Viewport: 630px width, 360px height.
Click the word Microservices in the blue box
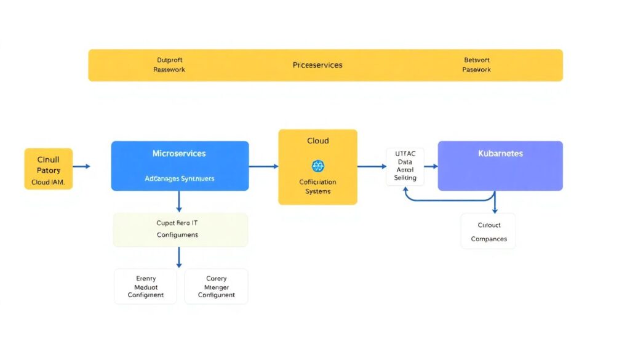click(179, 153)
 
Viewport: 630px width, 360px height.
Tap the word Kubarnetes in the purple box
click(500, 153)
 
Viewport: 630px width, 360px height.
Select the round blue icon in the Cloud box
click(317, 166)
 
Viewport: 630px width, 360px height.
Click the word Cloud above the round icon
click(317, 141)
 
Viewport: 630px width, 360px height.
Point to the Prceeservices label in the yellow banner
click(317, 65)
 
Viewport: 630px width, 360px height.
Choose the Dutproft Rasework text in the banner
click(169, 65)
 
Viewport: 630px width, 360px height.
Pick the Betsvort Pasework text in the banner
click(476, 65)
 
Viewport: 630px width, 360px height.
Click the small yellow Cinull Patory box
click(49, 168)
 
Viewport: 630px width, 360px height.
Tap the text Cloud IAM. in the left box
click(49, 182)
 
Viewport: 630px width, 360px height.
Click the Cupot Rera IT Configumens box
click(180, 230)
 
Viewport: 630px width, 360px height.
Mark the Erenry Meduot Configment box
click(146, 286)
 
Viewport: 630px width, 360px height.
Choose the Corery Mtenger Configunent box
click(216, 286)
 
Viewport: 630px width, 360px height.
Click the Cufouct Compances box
click(488, 231)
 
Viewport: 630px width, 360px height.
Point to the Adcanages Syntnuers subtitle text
click(179, 178)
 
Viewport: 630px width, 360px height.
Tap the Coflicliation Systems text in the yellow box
click(317, 186)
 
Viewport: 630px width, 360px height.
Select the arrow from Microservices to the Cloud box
click(263, 166)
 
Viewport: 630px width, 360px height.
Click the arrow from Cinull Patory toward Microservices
click(81, 166)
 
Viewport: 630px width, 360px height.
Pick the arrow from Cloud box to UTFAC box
click(372, 166)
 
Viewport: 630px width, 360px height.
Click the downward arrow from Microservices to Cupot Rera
click(179, 201)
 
